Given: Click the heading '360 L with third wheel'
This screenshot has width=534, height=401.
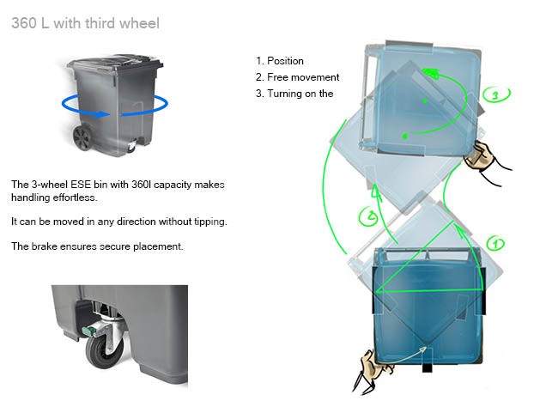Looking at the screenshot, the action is click(86, 23).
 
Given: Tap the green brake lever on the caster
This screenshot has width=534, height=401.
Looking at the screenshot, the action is click(89, 331).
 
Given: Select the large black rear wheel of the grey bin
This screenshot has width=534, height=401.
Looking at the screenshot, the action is click(82, 137).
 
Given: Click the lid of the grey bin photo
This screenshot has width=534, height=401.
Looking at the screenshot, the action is click(115, 62).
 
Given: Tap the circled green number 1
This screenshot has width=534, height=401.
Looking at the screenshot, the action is click(495, 244).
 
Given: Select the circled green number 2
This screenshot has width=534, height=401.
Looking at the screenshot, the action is click(369, 216).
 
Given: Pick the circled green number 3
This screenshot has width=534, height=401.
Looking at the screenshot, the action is click(495, 94).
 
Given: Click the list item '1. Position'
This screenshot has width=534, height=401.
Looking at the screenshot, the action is click(280, 61).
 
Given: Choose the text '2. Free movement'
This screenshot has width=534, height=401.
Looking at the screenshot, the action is click(297, 77).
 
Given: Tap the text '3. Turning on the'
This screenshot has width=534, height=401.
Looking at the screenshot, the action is click(294, 94).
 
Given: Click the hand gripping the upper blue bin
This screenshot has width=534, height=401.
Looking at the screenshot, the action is click(480, 155).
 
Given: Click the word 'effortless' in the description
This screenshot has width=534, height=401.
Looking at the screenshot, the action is click(74, 197).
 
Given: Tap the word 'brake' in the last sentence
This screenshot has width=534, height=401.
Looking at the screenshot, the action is click(44, 246).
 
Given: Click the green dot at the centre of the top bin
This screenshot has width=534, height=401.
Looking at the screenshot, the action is click(425, 101).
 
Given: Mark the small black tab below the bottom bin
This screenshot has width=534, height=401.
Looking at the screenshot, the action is click(427, 368).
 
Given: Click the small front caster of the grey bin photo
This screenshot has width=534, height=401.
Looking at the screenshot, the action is click(131, 147).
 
